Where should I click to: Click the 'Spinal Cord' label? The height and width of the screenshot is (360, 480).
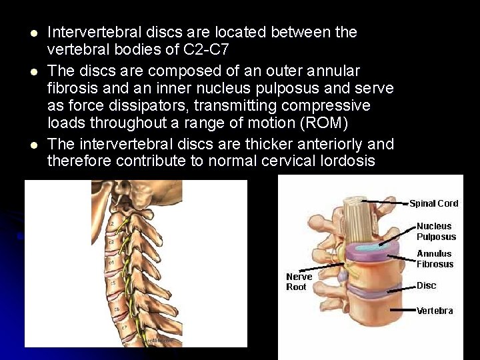click(x=433, y=203)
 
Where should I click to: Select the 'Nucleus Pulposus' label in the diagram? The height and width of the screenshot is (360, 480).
click(x=436, y=231)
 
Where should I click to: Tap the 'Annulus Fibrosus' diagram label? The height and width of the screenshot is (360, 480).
click(x=435, y=259)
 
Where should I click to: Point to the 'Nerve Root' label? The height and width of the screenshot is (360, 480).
click(x=299, y=281)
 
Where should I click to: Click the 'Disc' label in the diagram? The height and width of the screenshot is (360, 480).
click(x=426, y=285)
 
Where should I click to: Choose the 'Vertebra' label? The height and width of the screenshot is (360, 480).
click(x=434, y=311)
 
